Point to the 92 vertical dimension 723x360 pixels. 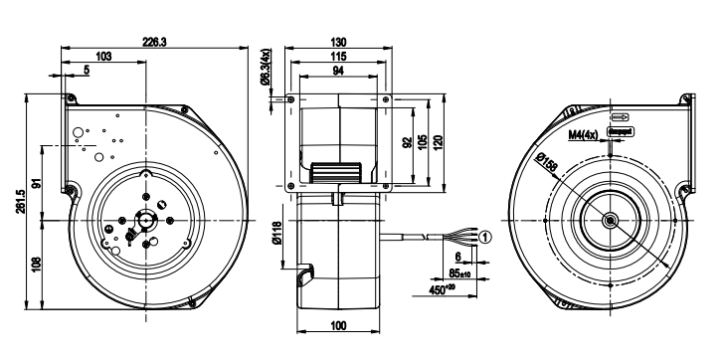click(x=407, y=142)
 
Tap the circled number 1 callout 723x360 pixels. click(x=484, y=237)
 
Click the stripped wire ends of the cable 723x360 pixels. click(x=460, y=237)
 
